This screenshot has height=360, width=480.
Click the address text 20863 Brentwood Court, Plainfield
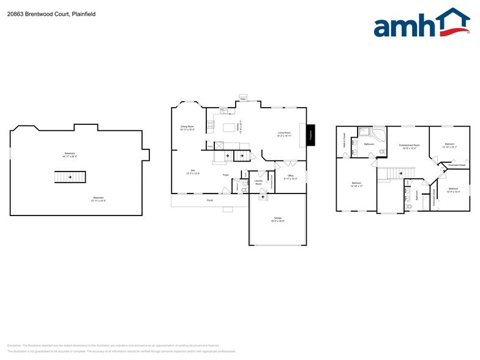[43, 13]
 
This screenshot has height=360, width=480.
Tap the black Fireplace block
[310, 133]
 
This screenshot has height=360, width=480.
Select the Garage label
[277, 219]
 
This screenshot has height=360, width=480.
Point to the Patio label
[243, 99]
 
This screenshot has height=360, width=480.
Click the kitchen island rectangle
[230, 127]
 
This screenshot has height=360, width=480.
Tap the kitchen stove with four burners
[211, 126]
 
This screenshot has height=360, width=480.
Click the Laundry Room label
[258, 182]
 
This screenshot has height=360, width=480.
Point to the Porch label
[209, 200]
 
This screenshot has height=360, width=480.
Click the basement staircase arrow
[69, 178]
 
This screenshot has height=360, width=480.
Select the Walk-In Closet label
[344, 141]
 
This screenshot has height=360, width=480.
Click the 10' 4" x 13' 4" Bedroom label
[453, 190]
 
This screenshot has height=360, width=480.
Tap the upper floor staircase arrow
[400, 173]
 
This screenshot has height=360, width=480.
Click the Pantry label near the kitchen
[209, 146]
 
